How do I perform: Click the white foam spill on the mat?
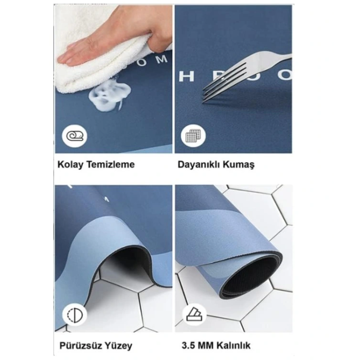click(107, 96)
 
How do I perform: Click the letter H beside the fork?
click(186, 76)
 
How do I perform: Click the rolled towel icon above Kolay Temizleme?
click(75, 136)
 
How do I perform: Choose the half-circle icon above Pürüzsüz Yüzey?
click(75, 314)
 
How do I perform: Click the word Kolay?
click(69, 165)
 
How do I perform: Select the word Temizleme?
click(109, 165)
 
